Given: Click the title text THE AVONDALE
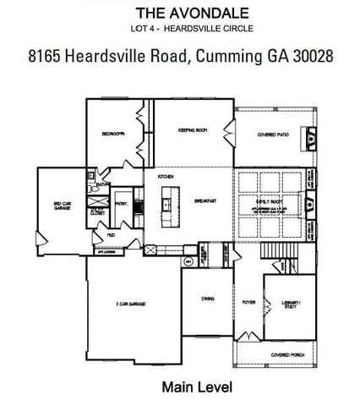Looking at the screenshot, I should tap(179, 14).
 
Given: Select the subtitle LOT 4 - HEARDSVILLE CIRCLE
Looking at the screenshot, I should tap(179, 29).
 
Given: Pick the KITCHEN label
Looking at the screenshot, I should tap(166, 178).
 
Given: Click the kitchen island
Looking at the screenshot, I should tap(166, 203).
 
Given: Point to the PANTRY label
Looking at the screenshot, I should tap(123, 203).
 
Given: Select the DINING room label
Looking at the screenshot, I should tap(207, 299).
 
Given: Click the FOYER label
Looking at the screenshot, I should tap(248, 301).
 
